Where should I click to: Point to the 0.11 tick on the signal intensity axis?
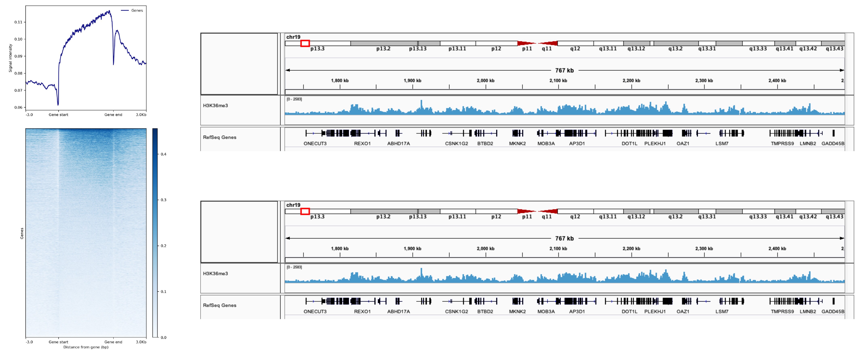(x=18, y=22)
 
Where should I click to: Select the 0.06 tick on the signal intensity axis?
(x=18, y=108)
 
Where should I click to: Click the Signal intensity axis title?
(x=11, y=58)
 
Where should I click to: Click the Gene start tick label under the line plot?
(x=58, y=115)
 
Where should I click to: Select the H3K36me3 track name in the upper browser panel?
(x=215, y=106)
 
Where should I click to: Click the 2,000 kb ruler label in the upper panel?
(x=485, y=81)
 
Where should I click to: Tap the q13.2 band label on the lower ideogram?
(x=675, y=217)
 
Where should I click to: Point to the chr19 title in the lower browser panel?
(x=293, y=205)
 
